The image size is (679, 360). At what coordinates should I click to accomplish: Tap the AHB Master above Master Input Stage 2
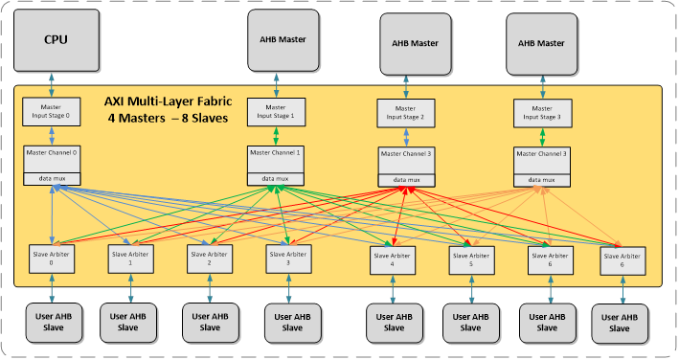pos(414,43)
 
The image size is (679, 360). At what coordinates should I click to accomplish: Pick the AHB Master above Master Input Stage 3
pos(541,43)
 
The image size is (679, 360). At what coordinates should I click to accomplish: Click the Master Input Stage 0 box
pos(54,111)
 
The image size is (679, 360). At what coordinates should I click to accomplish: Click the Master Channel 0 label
pos(54,152)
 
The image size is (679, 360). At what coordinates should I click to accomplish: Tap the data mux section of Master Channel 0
pos(54,179)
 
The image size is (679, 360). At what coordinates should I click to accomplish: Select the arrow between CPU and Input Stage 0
pos(54,83)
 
